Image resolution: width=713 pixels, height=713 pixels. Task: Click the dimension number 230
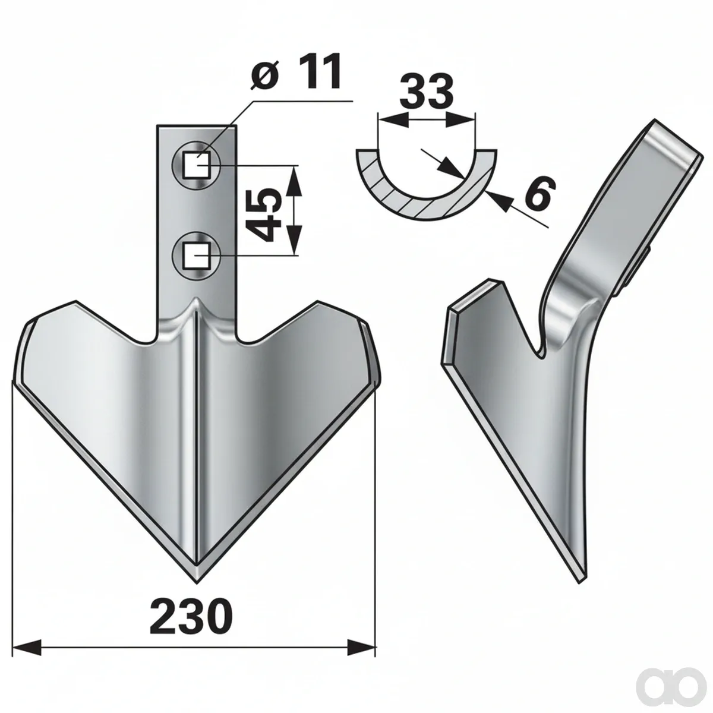[x=191, y=586]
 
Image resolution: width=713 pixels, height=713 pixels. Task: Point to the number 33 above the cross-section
[x=425, y=91]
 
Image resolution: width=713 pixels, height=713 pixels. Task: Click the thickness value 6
[x=539, y=192]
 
